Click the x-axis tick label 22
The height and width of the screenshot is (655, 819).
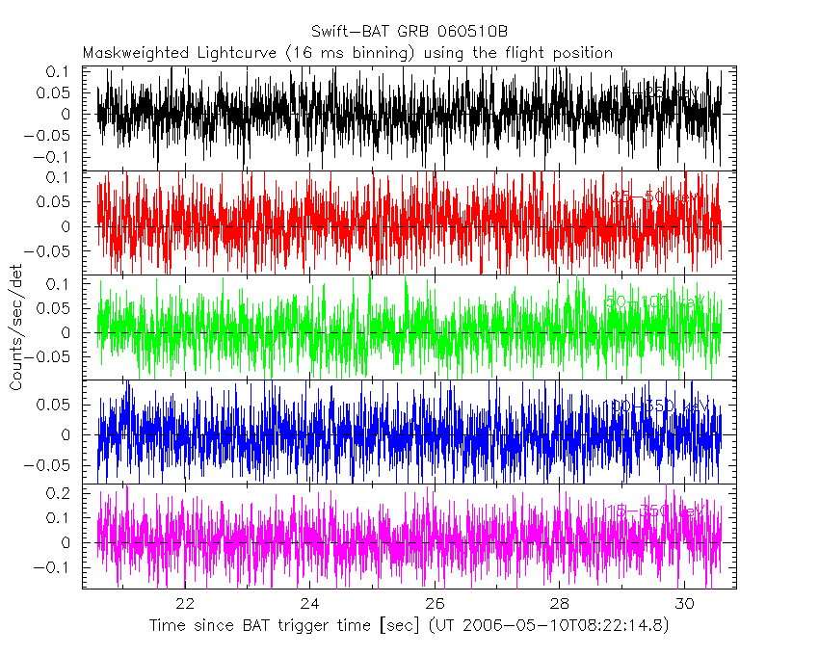(x=185, y=604)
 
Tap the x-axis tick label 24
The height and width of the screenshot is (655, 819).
(x=309, y=604)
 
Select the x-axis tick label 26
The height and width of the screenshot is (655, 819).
(x=435, y=604)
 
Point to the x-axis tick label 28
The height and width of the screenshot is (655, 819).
(x=559, y=604)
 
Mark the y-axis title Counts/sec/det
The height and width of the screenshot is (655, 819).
(x=16, y=328)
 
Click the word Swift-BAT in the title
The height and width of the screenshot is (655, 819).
(x=351, y=32)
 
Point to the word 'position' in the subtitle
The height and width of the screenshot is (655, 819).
(x=581, y=52)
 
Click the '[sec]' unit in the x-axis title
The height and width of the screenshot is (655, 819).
(x=384, y=626)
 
